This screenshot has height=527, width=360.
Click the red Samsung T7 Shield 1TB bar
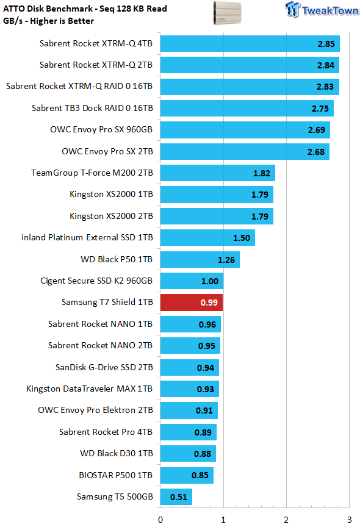click(x=191, y=303)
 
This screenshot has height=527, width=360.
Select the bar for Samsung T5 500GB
click(x=176, y=497)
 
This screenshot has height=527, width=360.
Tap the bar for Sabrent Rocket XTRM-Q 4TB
click(x=250, y=44)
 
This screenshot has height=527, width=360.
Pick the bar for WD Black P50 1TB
click(x=200, y=259)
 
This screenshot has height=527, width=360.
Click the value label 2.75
click(x=320, y=109)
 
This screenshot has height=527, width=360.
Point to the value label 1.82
click(x=262, y=173)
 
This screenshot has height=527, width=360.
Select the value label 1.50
click(x=242, y=238)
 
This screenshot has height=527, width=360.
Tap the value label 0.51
click(x=179, y=497)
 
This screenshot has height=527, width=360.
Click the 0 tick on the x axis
click(x=160, y=520)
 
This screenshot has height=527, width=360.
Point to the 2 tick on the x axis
click(x=286, y=520)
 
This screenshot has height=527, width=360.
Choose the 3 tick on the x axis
click(x=349, y=520)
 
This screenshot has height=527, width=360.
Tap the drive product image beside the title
click(x=228, y=13)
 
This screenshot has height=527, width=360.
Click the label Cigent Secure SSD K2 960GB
click(x=96, y=281)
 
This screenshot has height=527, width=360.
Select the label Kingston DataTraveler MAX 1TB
click(x=90, y=389)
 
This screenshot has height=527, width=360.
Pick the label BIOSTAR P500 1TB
click(x=116, y=475)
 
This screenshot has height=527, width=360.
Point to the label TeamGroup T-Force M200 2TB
click(x=92, y=173)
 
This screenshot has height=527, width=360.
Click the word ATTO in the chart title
click(x=13, y=9)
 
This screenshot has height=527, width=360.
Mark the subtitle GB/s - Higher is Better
click(x=48, y=21)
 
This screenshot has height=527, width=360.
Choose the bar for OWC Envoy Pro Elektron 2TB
click(x=189, y=410)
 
